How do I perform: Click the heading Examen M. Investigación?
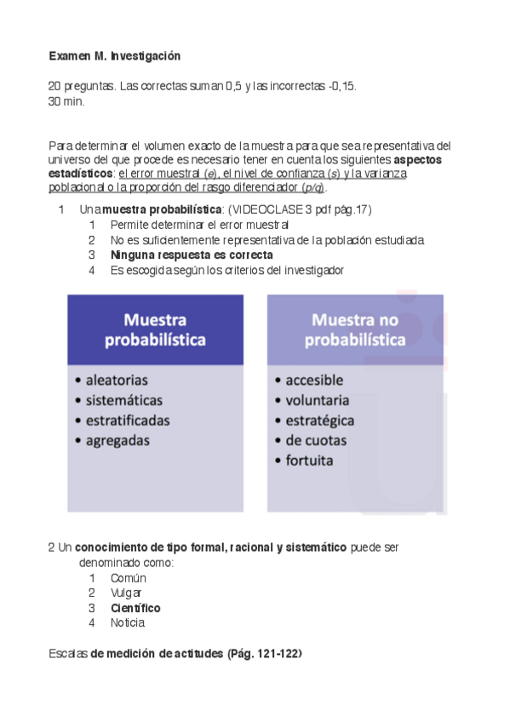tap(115, 56)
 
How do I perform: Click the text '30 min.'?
tap(67, 102)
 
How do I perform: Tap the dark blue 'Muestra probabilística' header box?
tap(155, 330)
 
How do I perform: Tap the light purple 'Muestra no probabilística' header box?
tap(356, 330)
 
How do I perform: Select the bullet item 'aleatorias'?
tap(116, 380)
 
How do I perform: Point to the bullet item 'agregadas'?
tap(117, 440)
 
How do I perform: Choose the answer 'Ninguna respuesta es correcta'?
tap(192, 255)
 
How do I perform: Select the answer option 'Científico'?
tap(135, 608)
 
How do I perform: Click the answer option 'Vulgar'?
tap(126, 593)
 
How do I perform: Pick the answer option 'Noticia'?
tap(129, 623)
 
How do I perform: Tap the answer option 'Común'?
tap(129, 578)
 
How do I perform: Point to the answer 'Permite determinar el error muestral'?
tap(200, 225)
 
